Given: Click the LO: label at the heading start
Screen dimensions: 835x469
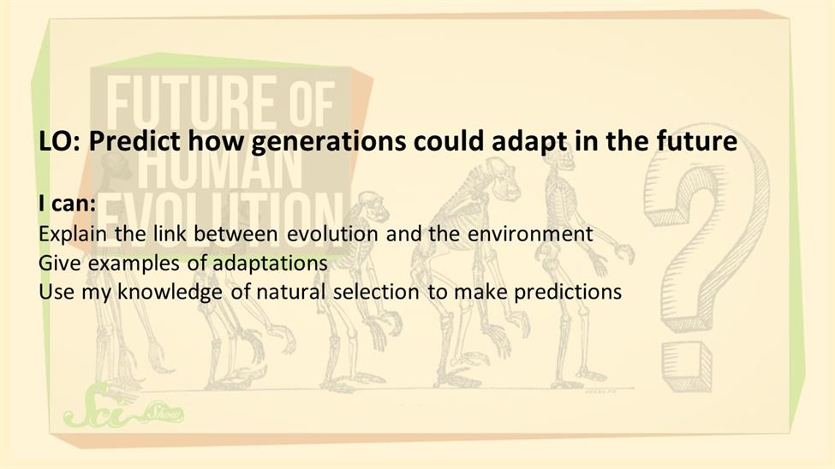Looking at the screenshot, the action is (x=59, y=141).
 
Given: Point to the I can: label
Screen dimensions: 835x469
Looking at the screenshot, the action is (x=67, y=204).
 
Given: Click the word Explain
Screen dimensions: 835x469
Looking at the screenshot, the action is (x=73, y=234).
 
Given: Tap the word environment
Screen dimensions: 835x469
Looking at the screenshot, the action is (x=530, y=234).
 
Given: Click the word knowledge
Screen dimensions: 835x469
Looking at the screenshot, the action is (x=170, y=292).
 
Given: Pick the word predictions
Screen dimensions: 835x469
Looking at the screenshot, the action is (x=568, y=292).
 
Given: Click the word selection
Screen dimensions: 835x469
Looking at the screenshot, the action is (x=376, y=292).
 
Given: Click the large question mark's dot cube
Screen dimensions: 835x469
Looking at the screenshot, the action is (x=687, y=366).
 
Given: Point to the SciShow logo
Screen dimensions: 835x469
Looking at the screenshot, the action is (x=123, y=410).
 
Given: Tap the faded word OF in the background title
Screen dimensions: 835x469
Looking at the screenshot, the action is (x=313, y=104).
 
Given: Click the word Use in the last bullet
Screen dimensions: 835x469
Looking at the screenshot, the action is (x=56, y=292).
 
